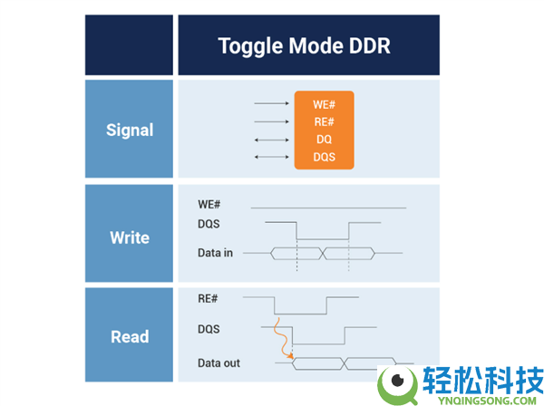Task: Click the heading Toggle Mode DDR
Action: [304, 46]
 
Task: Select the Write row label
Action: [130, 237]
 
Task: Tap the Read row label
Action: [130, 336]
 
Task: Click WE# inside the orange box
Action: [324, 105]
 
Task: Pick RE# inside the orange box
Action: [324, 122]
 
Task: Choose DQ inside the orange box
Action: [324, 140]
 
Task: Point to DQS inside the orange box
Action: [324, 157]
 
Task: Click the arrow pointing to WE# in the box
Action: [271, 103]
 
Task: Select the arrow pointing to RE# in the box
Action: [271, 121]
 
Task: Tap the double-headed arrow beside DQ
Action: [271, 140]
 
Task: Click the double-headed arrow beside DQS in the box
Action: [271, 157]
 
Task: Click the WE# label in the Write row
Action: [209, 204]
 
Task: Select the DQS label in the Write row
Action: [209, 224]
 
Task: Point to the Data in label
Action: [215, 253]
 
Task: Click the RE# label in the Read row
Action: [208, 298]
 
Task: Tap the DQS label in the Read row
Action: [209, 329]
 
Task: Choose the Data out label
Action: [219, 363]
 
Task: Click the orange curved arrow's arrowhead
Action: [290, 356]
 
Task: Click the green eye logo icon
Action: [398, 385]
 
